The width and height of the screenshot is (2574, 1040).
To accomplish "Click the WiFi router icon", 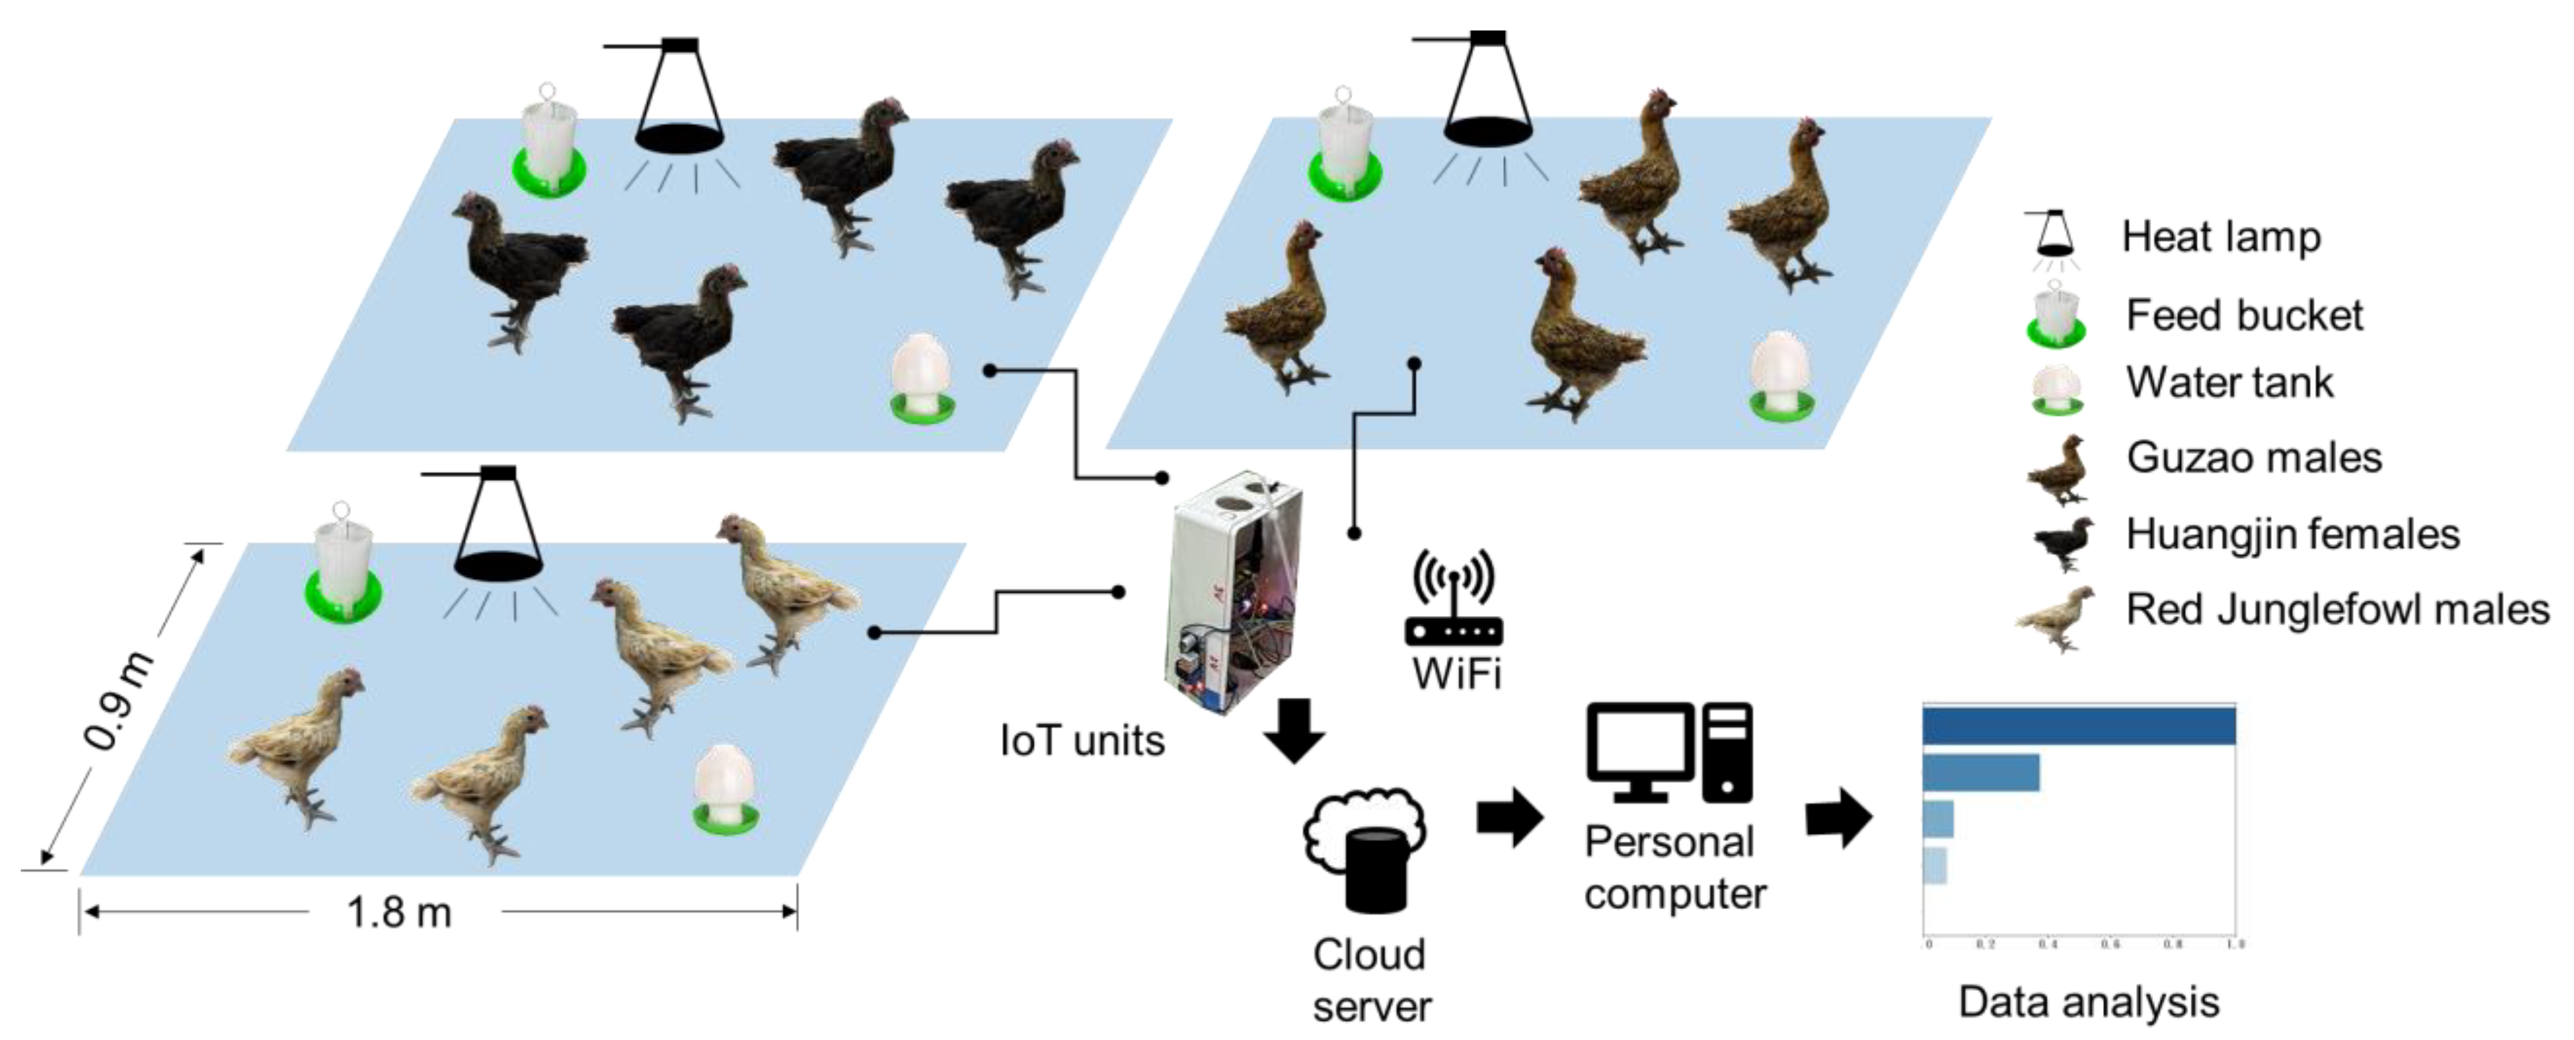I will click(x=1454, y=599).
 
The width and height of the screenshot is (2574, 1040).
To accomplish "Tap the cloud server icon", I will click(x=1365, y=849).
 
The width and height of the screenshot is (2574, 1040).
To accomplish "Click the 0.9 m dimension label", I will click(x=119, y=700).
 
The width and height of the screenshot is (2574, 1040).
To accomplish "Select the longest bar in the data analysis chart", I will click(x=2078, y=726).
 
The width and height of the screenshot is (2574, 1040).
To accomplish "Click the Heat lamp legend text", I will click(x=2220, y=237).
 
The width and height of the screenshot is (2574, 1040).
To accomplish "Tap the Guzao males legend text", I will click(x=2254, y=458).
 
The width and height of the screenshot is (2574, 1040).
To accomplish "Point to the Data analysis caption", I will click(x=2088, y=1002).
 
